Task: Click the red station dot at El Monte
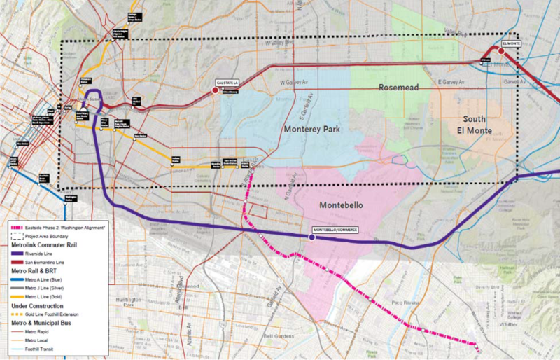click(x=501, y=50)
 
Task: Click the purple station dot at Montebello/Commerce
click(x=311, y=237)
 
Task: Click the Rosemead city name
click(x=400, y=88)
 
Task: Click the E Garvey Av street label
click(x=451, y=83)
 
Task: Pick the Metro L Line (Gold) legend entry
click(x=48, y=296)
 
